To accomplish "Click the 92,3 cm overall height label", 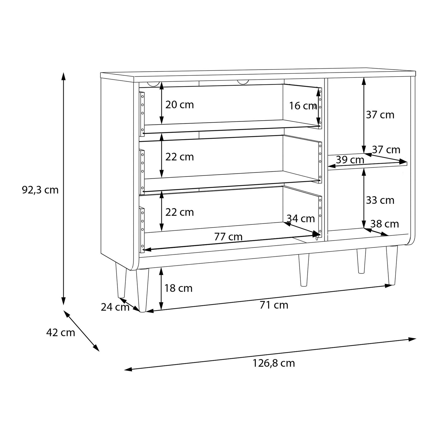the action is [x=40, y=190].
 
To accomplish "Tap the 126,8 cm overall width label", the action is [x=274, y=363].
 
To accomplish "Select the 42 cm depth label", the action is [x=61, y=333].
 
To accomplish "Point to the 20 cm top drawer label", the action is [x=179, y=105].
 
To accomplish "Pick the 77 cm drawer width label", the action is [x=228, y=237].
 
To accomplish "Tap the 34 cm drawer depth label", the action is [x=301, y=218].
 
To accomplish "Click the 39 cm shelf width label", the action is [x=350, y=160].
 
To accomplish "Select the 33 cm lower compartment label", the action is [x=380, y=200].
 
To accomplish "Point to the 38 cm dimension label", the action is [x=384, y=224].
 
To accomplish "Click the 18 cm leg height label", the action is [x=178, y=288].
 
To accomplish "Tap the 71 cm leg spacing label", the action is [x=274, y=305].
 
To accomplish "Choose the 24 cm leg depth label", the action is [x=115, y=307].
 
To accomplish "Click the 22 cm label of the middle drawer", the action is [x=179, y=157].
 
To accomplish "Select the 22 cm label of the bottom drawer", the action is [x=179, y=212].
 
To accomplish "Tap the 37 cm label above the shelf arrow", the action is [x=386, y=150].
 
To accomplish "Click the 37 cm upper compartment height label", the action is [x=380, y=115].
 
